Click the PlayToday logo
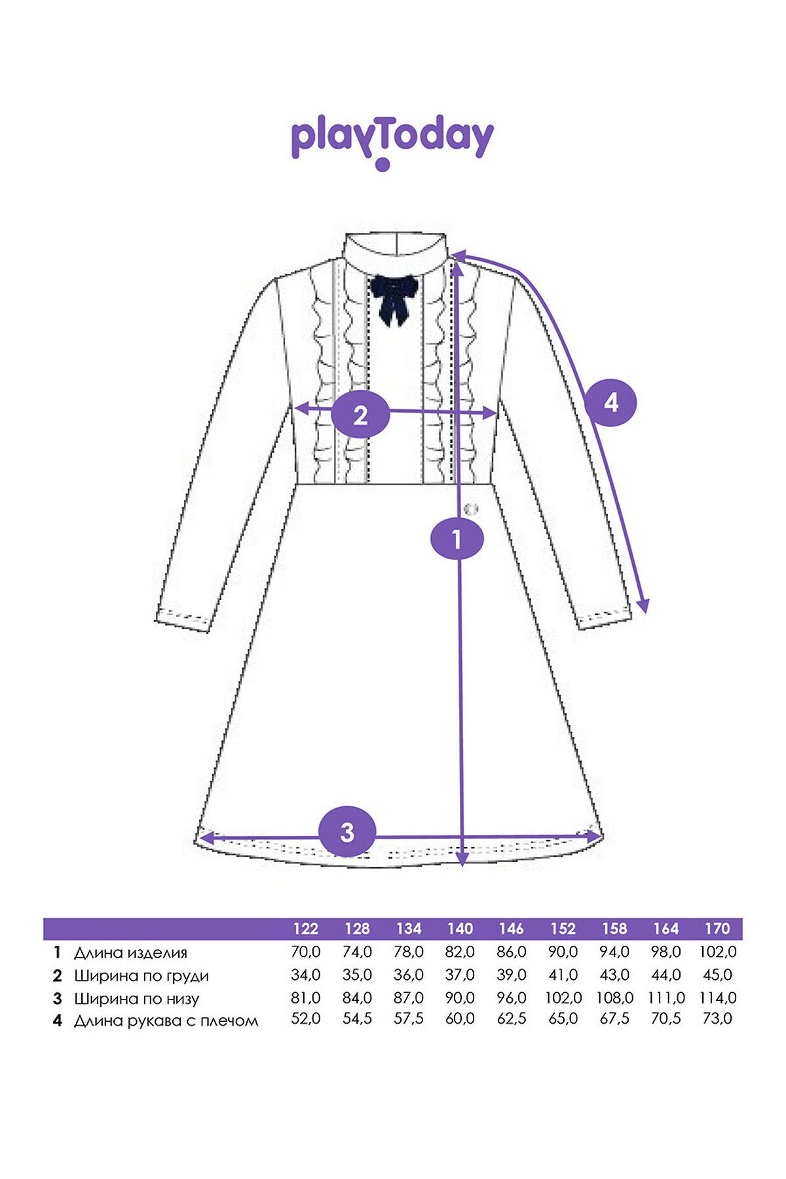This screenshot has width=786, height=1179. pos(392,143)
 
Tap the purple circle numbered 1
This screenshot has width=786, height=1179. pos(457,538)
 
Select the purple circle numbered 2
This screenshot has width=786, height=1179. pos(360,415)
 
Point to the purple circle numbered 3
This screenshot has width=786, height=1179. pos(347,832)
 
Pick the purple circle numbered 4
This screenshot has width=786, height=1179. pos(610,402)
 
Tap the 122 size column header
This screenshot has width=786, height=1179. pos(305,928)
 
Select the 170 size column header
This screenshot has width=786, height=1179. pos(717,928)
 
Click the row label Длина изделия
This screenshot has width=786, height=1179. pos(130,953)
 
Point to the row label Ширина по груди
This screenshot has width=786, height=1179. pos(141,976)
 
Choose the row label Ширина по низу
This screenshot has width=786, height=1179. pos(136,999)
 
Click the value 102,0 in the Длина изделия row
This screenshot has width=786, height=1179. pos(718,952)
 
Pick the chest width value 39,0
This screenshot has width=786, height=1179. pos(512,975)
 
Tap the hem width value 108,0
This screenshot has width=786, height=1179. pos(614,998)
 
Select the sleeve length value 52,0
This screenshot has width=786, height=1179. pos(305,1019)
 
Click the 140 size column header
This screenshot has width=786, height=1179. pos(460,928)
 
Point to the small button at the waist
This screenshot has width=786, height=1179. pos(471,509)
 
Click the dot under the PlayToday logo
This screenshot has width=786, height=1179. pos(383,165)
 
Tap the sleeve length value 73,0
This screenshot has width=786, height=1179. pos(717,1019)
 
